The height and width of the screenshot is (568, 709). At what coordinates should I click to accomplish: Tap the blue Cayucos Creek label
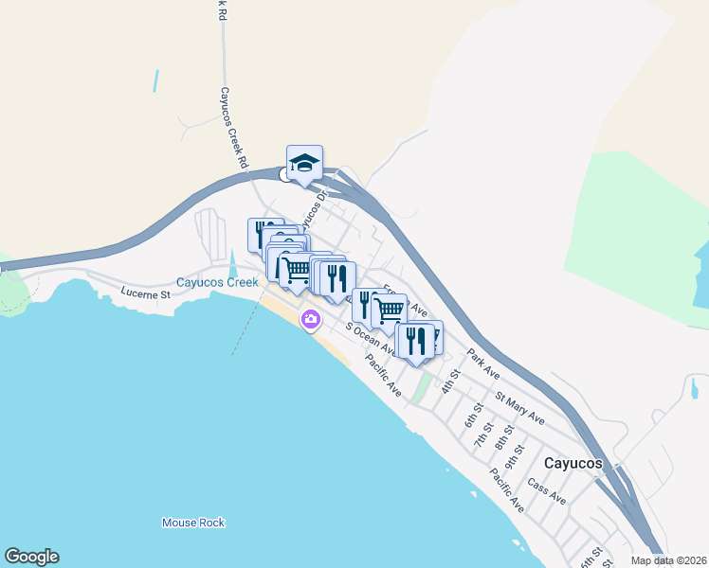coord(217,282)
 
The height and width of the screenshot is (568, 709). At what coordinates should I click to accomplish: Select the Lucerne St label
coord(145,293)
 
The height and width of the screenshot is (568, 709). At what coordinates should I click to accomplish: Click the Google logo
coord(31,557)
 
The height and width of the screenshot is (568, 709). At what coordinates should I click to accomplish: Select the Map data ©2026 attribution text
coord(667,560)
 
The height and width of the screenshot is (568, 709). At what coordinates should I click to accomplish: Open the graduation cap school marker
coord(304,164)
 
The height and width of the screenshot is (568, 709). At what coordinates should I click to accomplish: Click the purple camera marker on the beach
coord(310,320)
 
